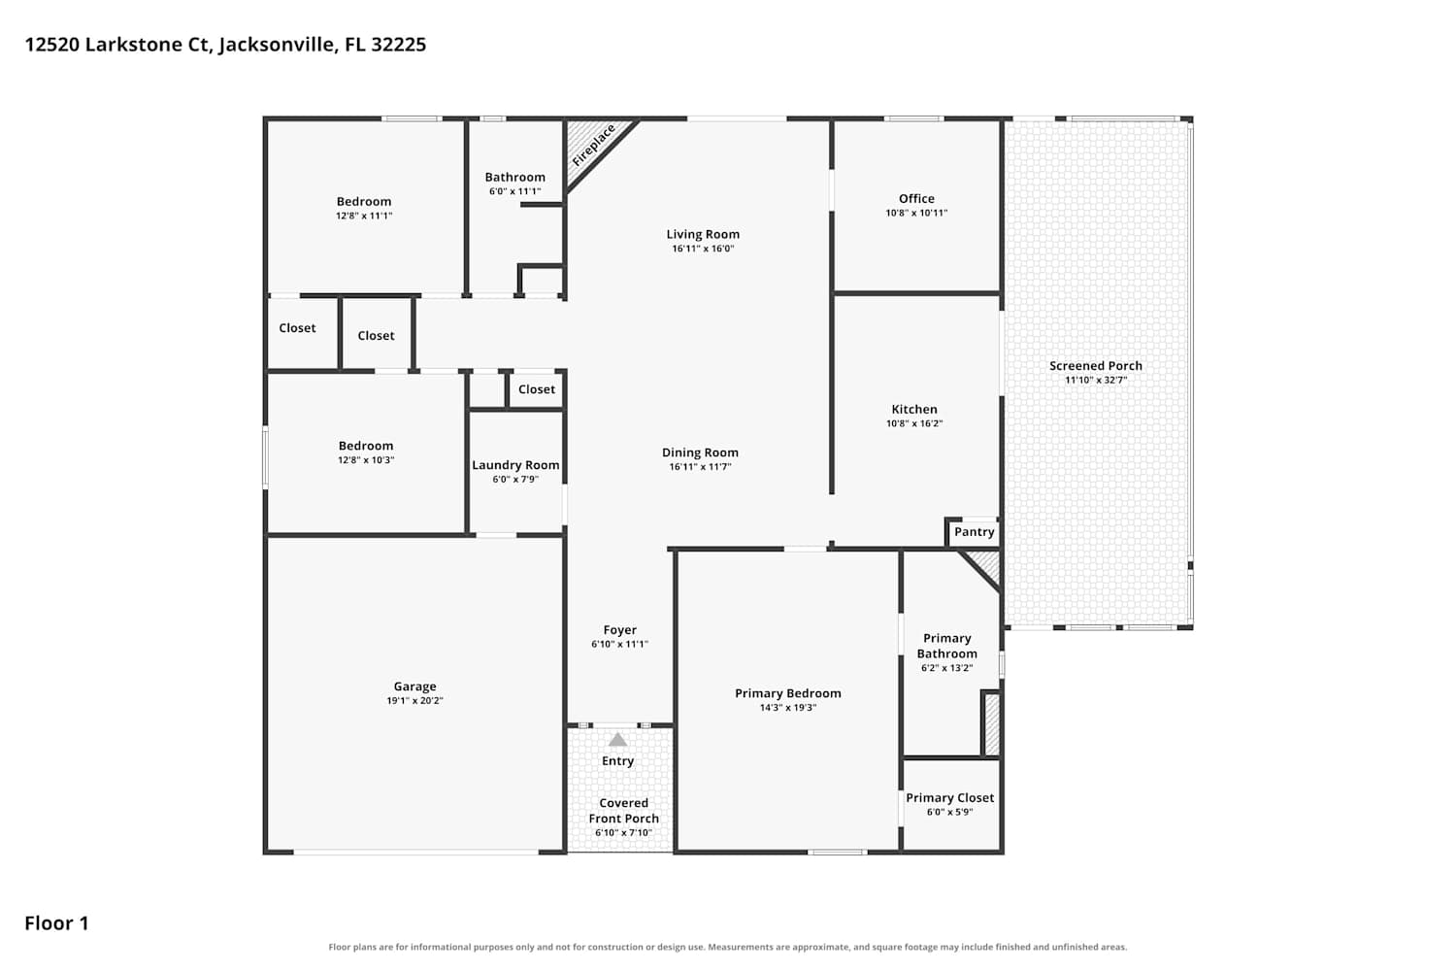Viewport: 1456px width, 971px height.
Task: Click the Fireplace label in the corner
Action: point(593,146)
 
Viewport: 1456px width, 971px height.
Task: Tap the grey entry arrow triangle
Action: point(617,740)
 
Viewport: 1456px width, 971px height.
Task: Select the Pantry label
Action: point(975,532)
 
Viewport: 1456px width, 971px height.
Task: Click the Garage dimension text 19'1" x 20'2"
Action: point(414,700)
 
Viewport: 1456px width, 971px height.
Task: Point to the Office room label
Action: point(916,198)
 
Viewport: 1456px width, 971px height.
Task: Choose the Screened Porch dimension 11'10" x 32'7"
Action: point(1096,380)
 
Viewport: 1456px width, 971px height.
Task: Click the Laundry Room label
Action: point(515,465)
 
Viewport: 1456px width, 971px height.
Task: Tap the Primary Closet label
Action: point(950,797)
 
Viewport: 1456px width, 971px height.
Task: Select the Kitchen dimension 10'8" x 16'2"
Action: point(914,423)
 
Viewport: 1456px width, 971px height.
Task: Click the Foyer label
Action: point(620,629)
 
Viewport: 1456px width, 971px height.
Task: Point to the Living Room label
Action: point(703,234)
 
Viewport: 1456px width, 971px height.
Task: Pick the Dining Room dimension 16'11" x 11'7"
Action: point(701,466)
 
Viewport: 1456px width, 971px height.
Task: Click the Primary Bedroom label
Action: point(788,693)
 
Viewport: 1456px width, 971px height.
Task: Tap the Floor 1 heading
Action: point(56,922)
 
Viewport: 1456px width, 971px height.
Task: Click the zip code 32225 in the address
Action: point(398,45)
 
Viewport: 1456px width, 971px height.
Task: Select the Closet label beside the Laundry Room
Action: point(536,389)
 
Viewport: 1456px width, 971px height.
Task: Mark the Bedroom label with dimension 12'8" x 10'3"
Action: point(366,446)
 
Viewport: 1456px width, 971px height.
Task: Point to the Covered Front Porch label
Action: point(624,811)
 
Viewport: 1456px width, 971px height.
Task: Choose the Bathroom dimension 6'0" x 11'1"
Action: point(514,191)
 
